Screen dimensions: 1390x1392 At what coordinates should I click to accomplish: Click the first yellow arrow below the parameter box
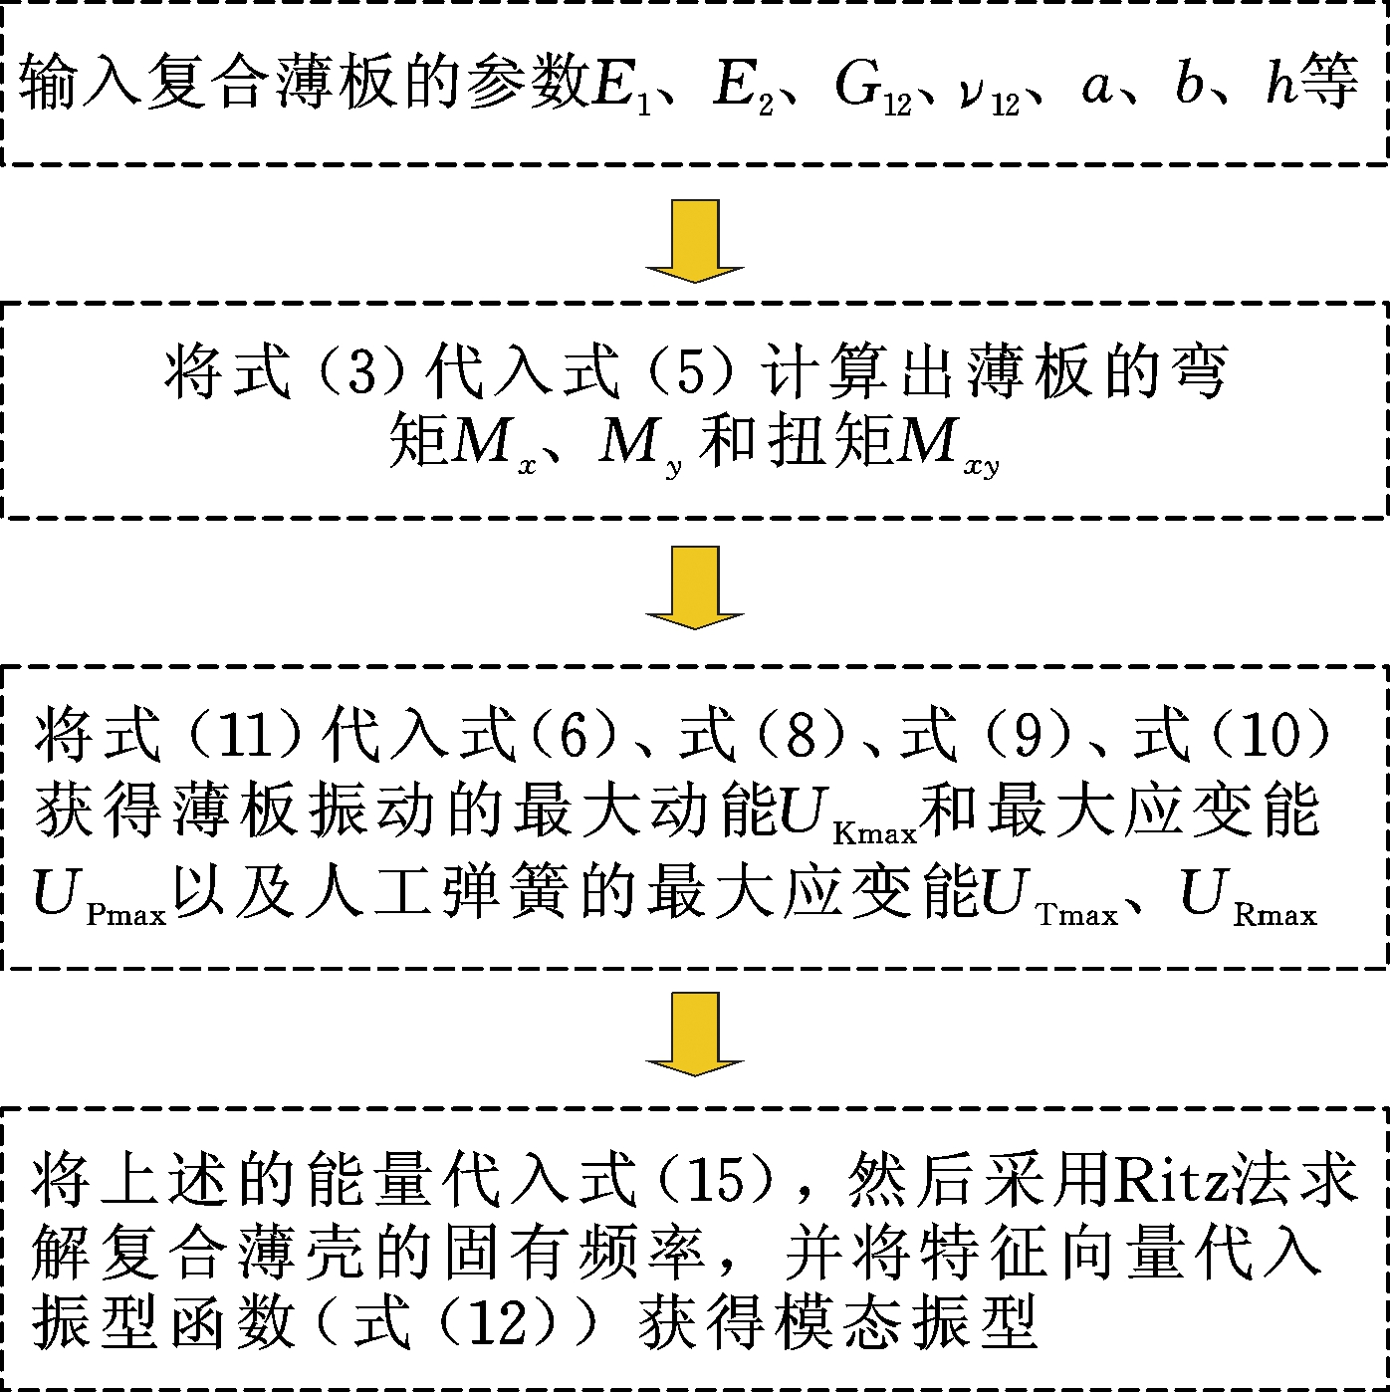(695, 241)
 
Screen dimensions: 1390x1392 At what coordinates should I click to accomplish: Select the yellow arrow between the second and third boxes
(695, 588)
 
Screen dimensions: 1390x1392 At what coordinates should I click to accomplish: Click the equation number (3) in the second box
(361, 372)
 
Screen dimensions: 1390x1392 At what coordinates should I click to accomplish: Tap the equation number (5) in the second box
(691, 372)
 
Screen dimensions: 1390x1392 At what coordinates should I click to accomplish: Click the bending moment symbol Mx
(494, 445)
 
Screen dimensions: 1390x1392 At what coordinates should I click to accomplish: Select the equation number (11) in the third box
(246, 737)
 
